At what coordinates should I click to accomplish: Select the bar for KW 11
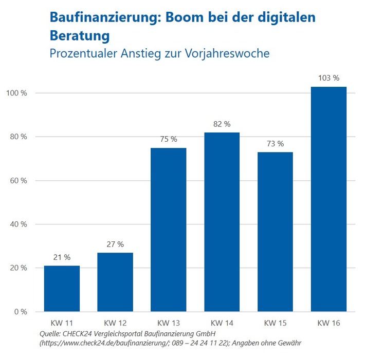coord(62,288)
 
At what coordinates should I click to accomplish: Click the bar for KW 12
coord(115,282)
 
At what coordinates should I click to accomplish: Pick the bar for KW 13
coord(169,229)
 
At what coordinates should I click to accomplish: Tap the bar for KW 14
coord(222,222)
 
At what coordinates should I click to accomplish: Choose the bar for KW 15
coord(275,232)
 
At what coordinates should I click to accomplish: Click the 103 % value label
coord(328,78)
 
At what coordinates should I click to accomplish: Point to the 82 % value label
coord(222,124)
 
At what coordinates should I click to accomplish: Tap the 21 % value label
coord(62,257)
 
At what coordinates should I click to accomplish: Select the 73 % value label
coord(275,143)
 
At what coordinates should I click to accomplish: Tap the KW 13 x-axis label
coord(169,323)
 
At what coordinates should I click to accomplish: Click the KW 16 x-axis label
coord(328,323)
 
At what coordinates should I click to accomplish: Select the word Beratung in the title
coord(80,36)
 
